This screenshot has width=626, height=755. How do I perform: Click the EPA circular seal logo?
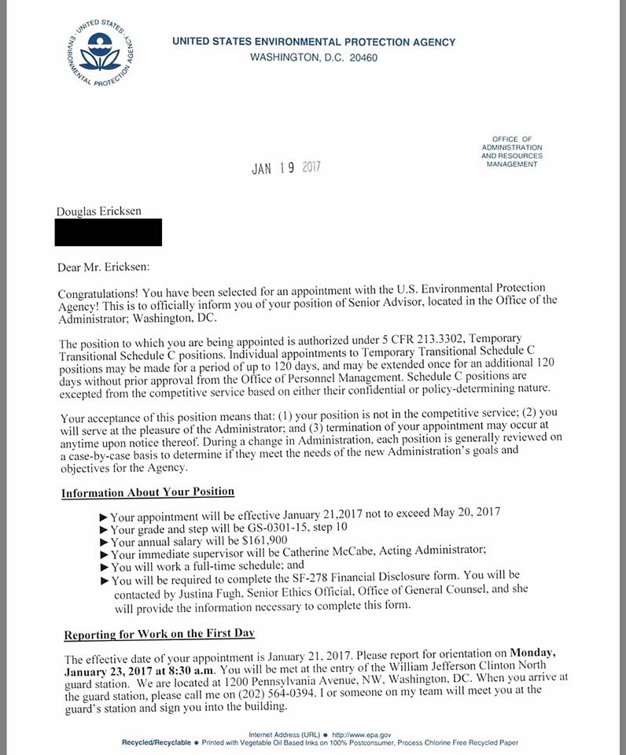pyautogui.click(x=99, y=53)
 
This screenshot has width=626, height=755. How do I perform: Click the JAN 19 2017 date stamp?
pyautogui.click(x=286, y=168)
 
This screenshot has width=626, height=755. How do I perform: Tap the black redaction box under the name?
pyautogui.click(x=109, y=232)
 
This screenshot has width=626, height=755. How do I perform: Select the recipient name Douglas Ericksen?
pyautogui.click(x=99, y=212)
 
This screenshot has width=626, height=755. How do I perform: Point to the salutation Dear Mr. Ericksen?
pyautogui.click(x=103, y=267)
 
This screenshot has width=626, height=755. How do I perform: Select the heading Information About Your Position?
pyautogui.click(x=148, y=492)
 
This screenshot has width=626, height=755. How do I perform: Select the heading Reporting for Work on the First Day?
pyautogui.click(x=159, y=634)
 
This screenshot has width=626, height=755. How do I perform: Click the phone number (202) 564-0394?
pyautogui.click(x=278, y=692)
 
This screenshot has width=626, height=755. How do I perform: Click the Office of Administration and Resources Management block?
pyautogui.click(x=511, y=151)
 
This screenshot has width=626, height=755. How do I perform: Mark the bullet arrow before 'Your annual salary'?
pyautogui.click(x=105, y=543)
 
